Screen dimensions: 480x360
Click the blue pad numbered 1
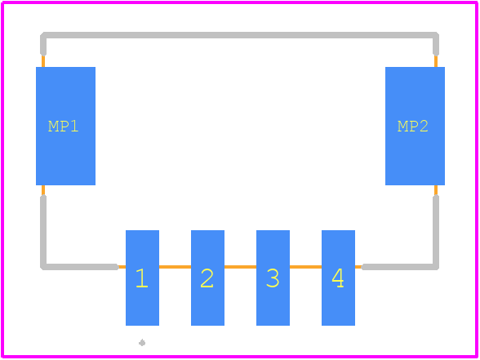[x=142, y=278]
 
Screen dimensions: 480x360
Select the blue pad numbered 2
[x=207, y=278]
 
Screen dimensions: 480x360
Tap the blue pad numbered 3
[x=273, y=278]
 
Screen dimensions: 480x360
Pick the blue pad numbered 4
[x=338, y=278]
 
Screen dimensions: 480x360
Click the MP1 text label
[x=64, y=127]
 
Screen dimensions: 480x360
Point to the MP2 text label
[x=413, y=127]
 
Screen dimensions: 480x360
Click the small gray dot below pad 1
[x=142, y=343]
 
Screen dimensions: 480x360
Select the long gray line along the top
[x=239, y=35]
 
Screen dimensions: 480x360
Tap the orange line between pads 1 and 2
[x=175, y=267]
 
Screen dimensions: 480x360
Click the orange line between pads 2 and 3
[x=240, y=267]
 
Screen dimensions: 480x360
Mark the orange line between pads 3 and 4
[x=305, y=267]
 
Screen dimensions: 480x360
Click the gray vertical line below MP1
[x=43, y=232]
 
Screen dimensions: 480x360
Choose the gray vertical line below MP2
[x=436, y=232]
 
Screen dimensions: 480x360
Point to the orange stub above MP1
[x=43, y=61]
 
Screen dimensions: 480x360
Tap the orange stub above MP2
[x=436, y=61]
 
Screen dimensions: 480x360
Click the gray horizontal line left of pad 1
[x=80, y=267]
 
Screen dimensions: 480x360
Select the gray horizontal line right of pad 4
[x=400, y=267]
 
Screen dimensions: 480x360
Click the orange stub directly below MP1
[x=43, y=190]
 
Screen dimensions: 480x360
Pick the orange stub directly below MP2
[x=436, y=190]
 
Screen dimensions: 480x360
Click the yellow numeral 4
[x=338, y=278]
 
